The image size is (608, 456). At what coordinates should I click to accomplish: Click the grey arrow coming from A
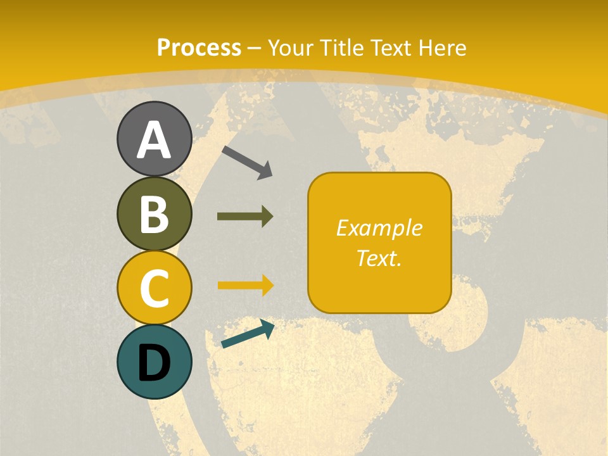247,162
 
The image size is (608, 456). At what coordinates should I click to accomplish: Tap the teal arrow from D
248,335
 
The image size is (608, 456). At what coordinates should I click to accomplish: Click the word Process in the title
199,47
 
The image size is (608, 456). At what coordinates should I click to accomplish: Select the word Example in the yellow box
379,228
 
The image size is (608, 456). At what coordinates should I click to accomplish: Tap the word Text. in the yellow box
379,258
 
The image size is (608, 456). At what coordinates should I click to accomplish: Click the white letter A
154,140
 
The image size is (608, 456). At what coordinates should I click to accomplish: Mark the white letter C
154,288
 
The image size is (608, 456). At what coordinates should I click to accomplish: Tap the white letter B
154,215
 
